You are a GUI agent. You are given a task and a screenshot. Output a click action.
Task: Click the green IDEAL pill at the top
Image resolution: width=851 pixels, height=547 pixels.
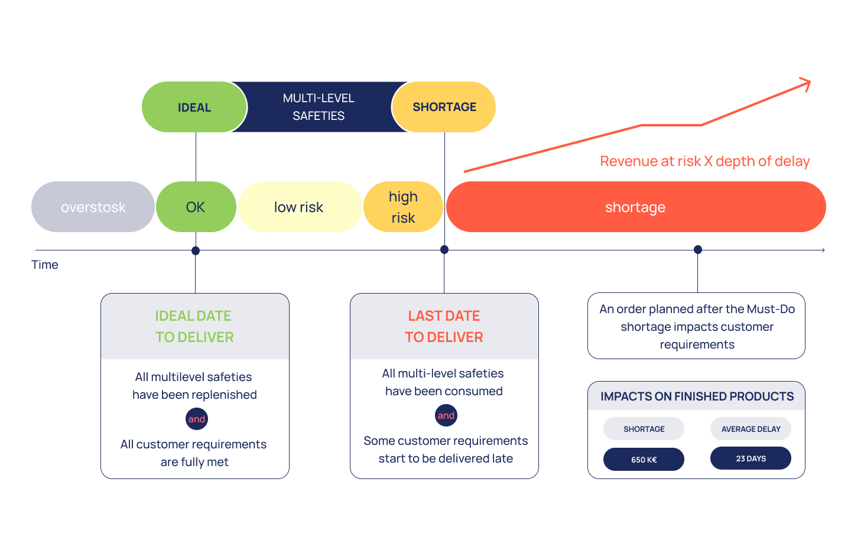point(194,107)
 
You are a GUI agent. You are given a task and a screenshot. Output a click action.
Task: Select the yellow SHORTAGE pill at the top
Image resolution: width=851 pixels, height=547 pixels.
point(444,107)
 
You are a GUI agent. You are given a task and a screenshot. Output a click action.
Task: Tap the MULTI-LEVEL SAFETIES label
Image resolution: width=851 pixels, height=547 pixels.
point(319,107)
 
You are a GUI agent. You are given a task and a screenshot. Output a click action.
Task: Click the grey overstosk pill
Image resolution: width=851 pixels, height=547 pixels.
point(93,207)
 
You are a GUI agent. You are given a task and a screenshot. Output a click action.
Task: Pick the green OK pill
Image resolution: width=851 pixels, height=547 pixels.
point(196,207)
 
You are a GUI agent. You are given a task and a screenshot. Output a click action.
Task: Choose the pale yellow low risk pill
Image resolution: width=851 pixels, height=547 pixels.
point(300,207)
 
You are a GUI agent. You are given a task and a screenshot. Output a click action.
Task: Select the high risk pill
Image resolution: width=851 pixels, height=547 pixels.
point(403,207)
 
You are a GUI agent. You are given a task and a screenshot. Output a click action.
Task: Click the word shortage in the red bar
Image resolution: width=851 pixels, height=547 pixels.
point(635,207)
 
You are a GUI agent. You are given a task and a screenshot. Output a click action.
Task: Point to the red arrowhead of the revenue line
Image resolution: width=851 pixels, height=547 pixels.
point(806,83)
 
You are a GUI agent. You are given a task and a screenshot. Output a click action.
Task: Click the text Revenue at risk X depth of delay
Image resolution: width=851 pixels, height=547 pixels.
point(704,161)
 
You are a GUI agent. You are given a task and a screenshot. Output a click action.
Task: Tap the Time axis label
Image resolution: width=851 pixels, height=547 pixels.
point(45,265)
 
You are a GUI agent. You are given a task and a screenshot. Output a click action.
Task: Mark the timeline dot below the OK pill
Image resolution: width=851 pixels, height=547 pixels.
point(196,250)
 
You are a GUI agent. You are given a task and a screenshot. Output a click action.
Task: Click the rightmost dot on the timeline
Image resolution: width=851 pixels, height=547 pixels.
point(698,249)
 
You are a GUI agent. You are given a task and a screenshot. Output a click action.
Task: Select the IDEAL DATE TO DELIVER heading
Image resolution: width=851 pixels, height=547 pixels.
point(194,326)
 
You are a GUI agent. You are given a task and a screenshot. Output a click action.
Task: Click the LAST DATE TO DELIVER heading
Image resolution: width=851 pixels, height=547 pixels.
point(444,326)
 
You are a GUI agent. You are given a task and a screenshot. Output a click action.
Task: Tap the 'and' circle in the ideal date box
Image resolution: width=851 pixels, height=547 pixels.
point(197,419)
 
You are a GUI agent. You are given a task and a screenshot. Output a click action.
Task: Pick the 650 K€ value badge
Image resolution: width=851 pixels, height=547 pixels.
point(644,459)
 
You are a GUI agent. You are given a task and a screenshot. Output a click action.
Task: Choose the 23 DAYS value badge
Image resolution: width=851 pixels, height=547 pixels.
point(751,458)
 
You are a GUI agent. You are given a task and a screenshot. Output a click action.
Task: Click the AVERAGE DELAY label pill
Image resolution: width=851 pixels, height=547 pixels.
point(751,429)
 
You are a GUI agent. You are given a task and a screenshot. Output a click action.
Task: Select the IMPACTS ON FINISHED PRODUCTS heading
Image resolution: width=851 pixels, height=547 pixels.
point(697,396)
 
